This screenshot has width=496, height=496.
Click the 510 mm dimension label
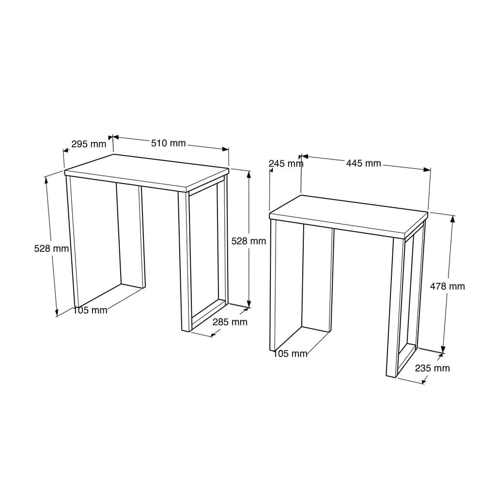click(x=168, y=143)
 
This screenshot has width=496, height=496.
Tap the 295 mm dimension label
click(x=89, y=144)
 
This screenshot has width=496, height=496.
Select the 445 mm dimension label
click(x=363, y=163)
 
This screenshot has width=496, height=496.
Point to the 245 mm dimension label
click(x=286, y=163)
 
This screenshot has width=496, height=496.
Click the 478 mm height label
click(x=447, y=286)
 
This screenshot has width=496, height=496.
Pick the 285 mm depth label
click(x=230, y=322)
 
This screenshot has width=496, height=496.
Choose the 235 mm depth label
click(x=432, y=368)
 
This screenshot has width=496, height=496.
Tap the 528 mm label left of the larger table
click(x=51, y=248)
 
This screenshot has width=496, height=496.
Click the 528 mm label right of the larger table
click(x=248, y=241)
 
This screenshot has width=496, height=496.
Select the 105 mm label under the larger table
click(x=90, y=310)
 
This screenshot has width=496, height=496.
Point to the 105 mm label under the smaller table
click(x=290, y=354)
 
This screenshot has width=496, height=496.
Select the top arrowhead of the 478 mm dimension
click(x=452, y=218)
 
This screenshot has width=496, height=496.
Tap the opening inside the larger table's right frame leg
click(x=203, y=252)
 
